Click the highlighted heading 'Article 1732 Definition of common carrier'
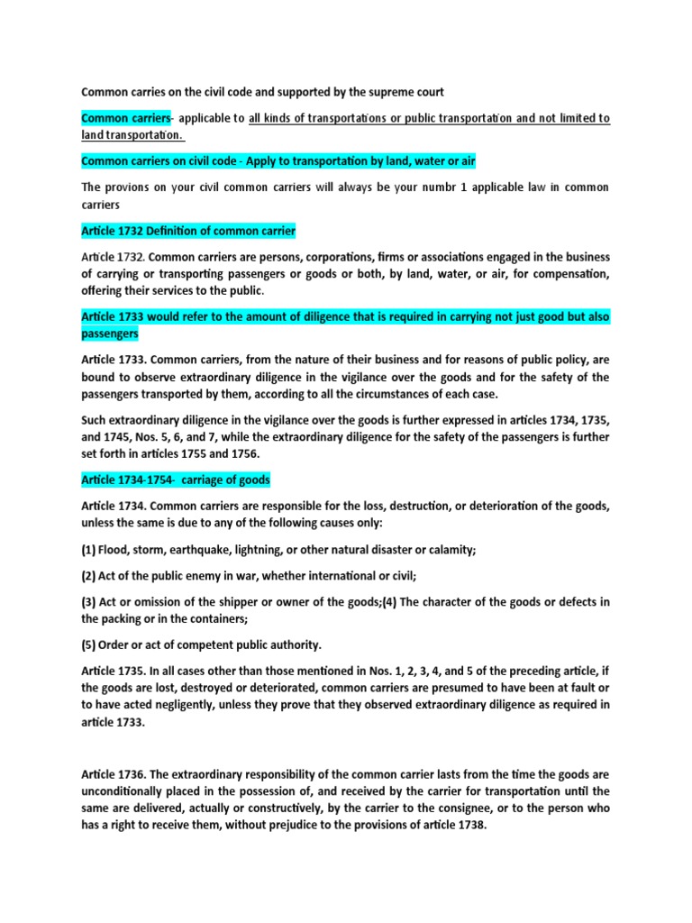point(188,232)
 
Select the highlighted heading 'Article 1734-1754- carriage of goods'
point(176,479)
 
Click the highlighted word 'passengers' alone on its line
point(110,334)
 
